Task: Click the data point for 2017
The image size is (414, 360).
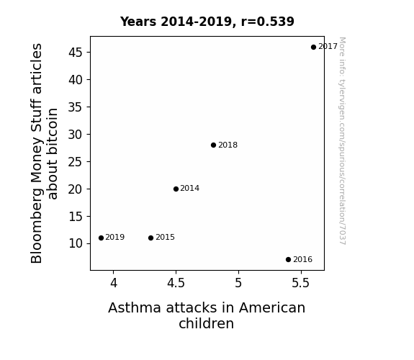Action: [313, 47]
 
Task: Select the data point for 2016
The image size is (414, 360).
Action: [288, 260]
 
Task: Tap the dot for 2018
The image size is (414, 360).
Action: [213, 145]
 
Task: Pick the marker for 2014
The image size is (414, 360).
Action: [176, 189]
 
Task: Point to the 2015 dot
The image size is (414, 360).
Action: [150, 238]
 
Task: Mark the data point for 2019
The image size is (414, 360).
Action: [101, 238]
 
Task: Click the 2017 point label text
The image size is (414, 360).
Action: [328, 47]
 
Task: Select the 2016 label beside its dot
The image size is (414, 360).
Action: [303, 259]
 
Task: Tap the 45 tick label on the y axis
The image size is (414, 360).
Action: [76, 53]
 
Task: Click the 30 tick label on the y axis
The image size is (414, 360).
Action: [76, 135]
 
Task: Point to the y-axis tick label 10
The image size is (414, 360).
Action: [76, 243]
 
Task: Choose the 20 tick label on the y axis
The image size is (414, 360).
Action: [76, 189]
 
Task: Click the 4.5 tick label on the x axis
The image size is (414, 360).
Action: [176, 283]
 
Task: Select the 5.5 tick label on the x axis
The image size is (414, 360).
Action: [301, 283]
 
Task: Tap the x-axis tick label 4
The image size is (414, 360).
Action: [114, 283]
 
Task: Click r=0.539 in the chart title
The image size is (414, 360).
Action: [267, 22]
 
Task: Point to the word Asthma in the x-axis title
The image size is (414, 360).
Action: [135, 307]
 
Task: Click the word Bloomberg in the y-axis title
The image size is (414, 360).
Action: [36, 226]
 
